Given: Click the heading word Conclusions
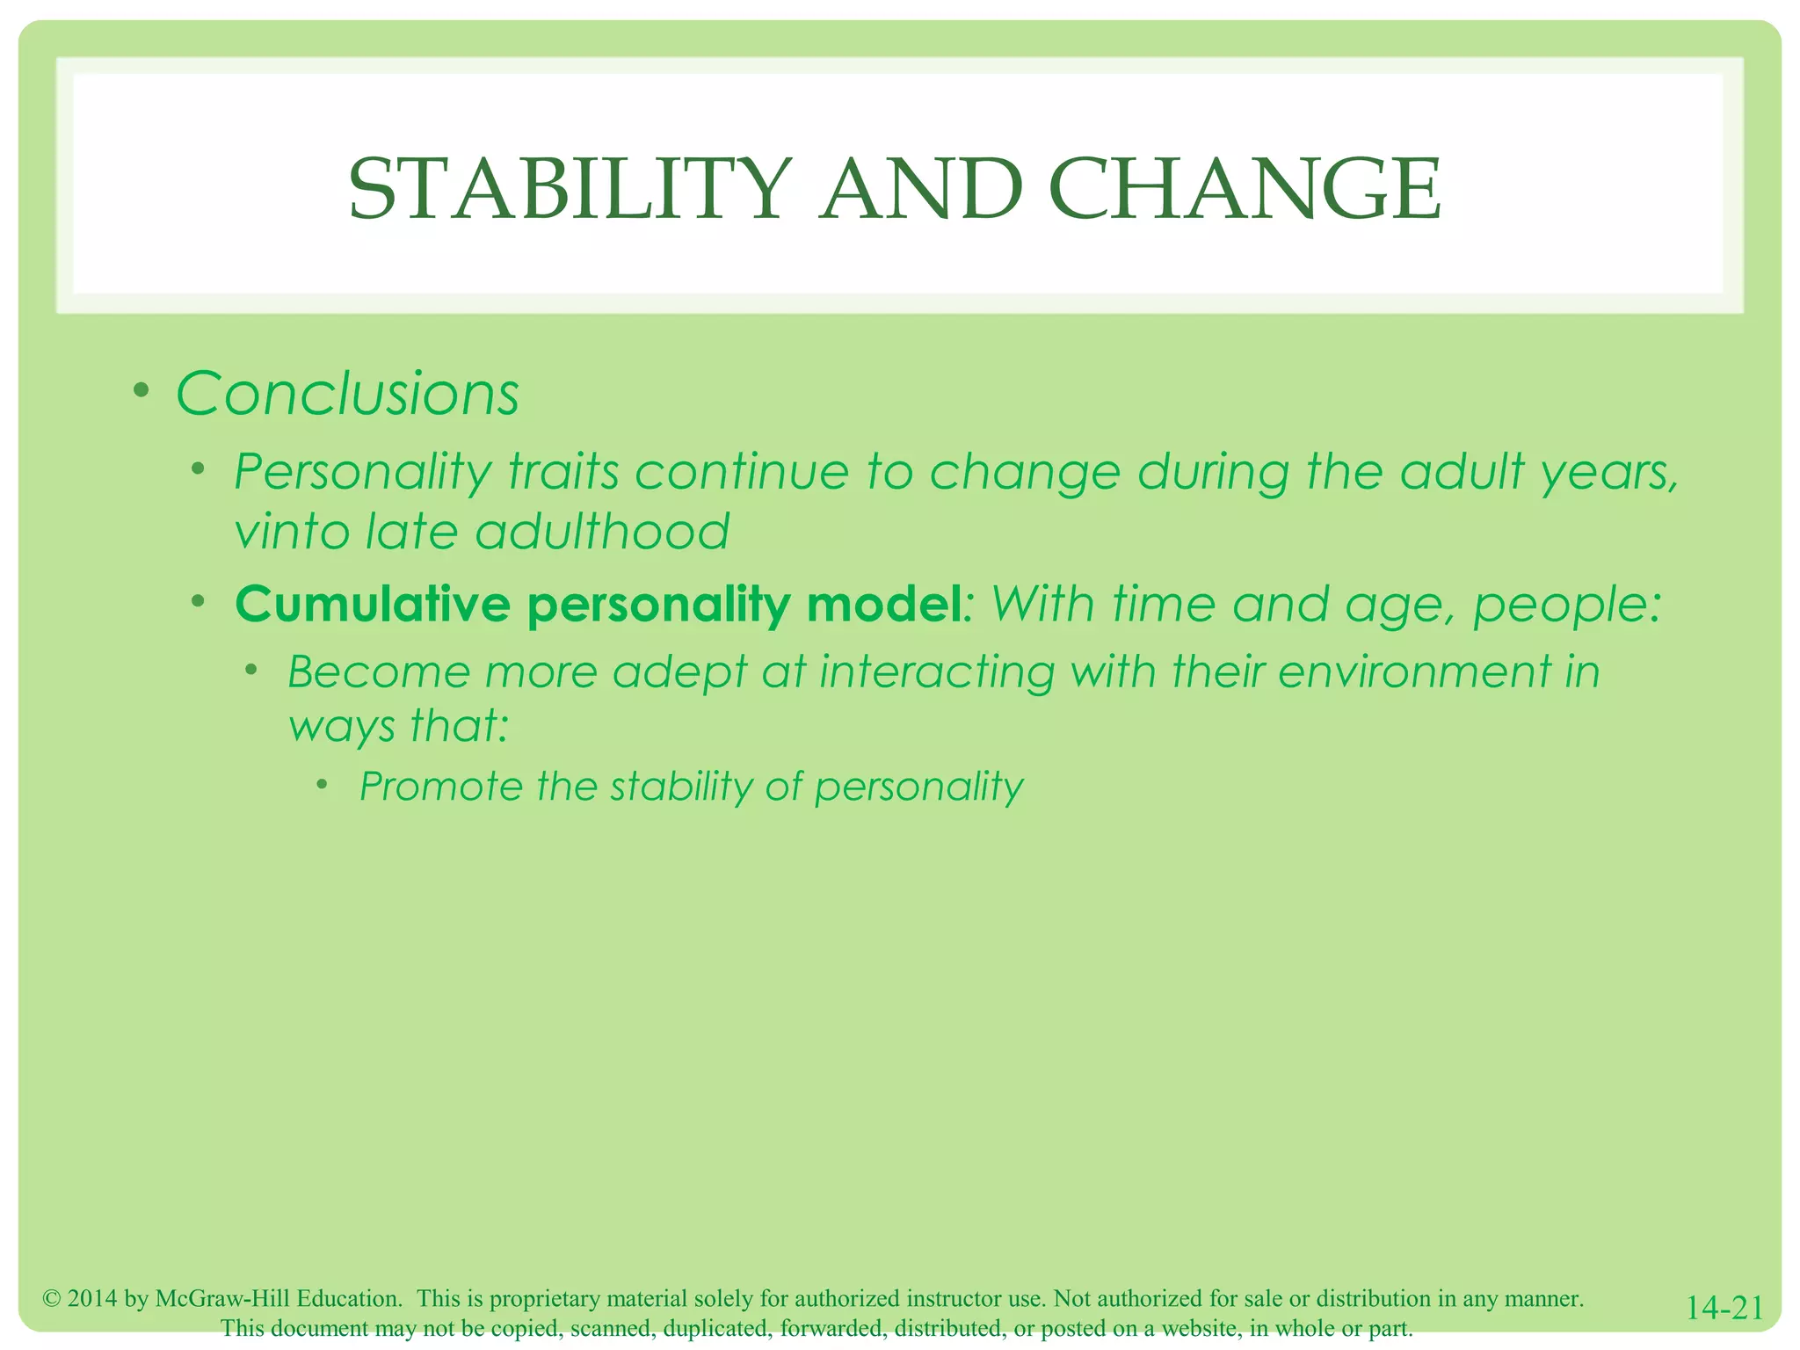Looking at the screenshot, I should click(348, 394).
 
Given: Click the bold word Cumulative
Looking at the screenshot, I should click(373, 605).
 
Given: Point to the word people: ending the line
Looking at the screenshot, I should click(1567, 605).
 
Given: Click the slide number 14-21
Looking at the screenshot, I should click(1724, 1308).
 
